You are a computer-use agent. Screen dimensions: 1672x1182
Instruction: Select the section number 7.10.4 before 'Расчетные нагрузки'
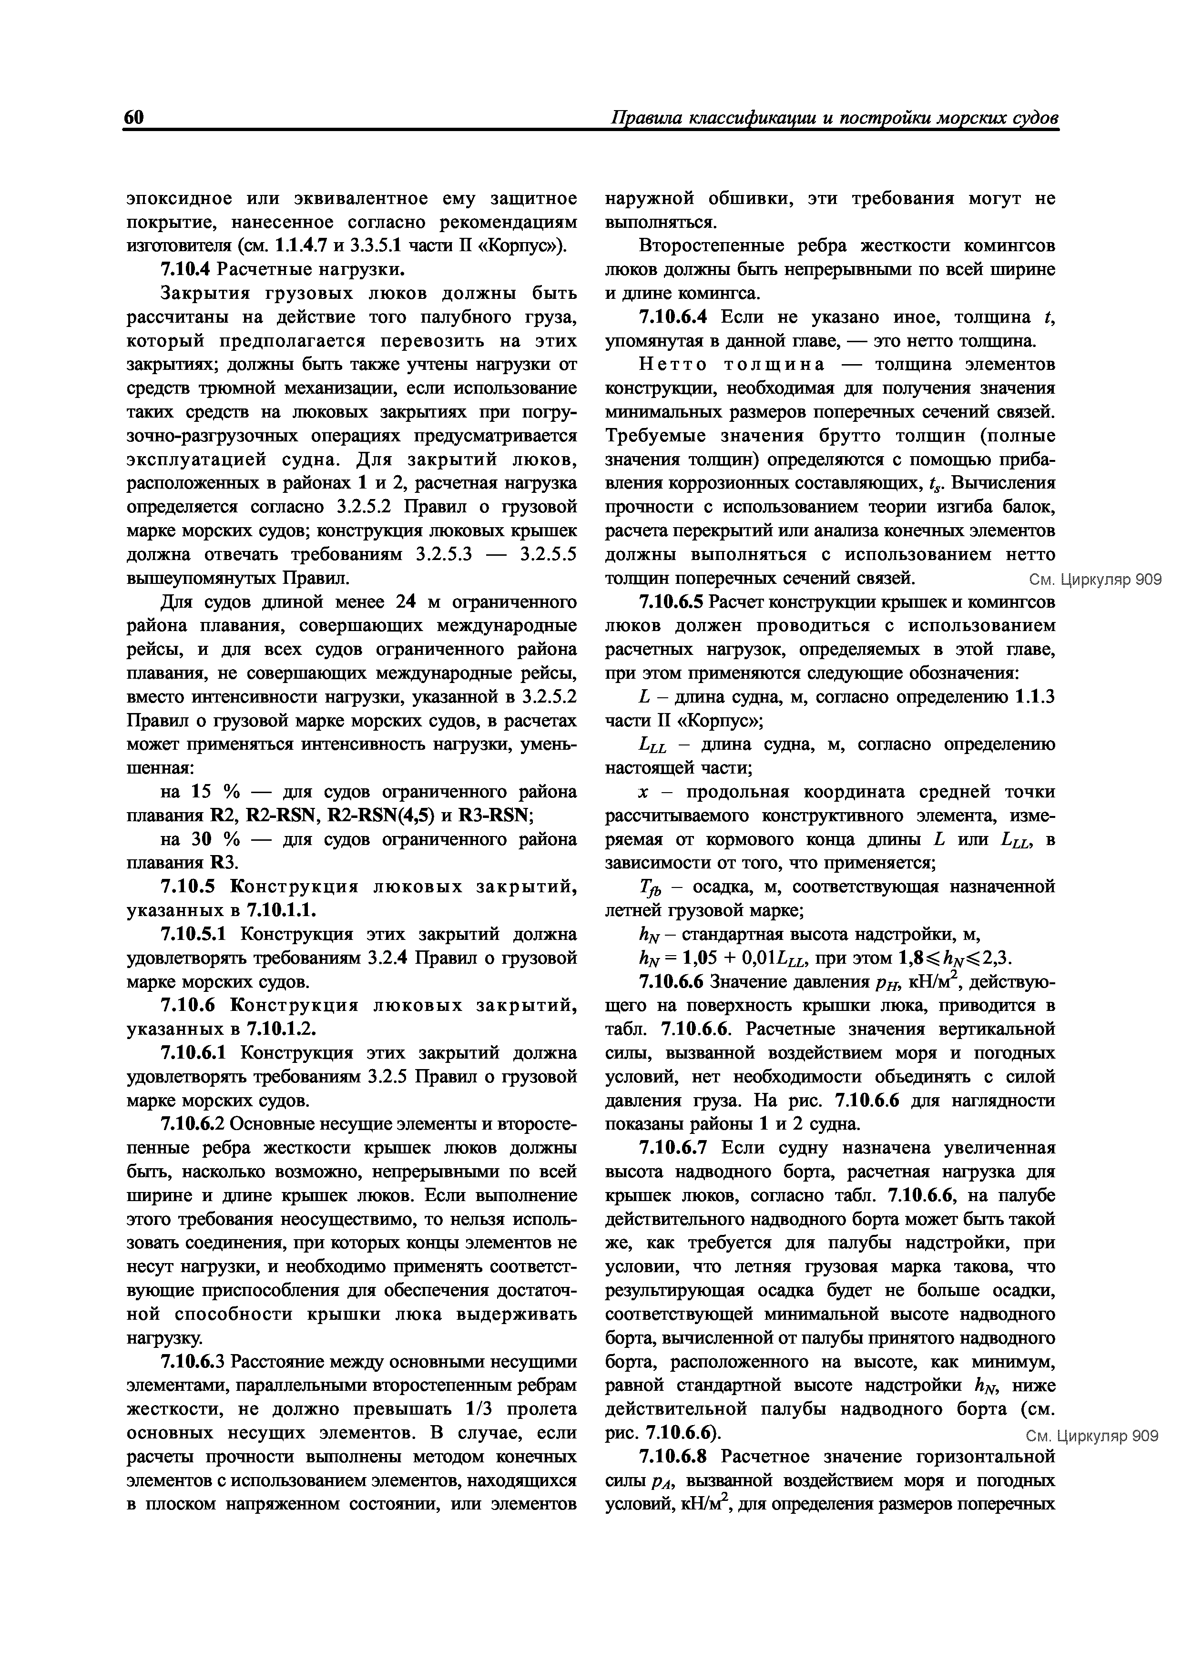click(x=185, y=269)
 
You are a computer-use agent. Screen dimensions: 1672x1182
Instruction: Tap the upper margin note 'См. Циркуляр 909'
click(x=1094, y=580)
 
